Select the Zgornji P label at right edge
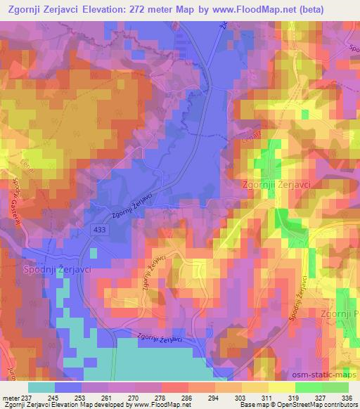point(340,314)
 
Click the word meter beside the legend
point(10,398)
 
